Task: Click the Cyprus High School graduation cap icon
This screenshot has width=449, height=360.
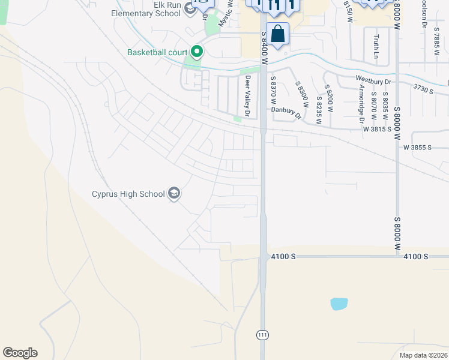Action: coord(174,194)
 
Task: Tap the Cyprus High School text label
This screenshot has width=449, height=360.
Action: coord(128,194)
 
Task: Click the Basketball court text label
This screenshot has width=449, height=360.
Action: coord(157,52)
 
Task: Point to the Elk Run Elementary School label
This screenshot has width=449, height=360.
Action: coord(150,9)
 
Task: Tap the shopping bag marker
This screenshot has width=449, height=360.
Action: coord(278,34)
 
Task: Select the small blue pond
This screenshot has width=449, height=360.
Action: coord(339,304)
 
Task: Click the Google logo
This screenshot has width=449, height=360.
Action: coord(20,353)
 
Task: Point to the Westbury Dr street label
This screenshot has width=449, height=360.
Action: coord(373,79)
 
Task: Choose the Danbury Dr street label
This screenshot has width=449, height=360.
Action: coord(285,110)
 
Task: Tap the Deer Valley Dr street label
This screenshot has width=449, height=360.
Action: coord(247,96)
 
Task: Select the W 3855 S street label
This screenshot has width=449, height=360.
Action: coord(417,147)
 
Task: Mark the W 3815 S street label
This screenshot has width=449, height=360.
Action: coord(376,129)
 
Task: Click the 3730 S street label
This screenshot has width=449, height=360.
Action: coord(423,88)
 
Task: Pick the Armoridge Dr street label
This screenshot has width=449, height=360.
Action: coord(361,101)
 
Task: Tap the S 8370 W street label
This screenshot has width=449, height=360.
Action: coord(273,90)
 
